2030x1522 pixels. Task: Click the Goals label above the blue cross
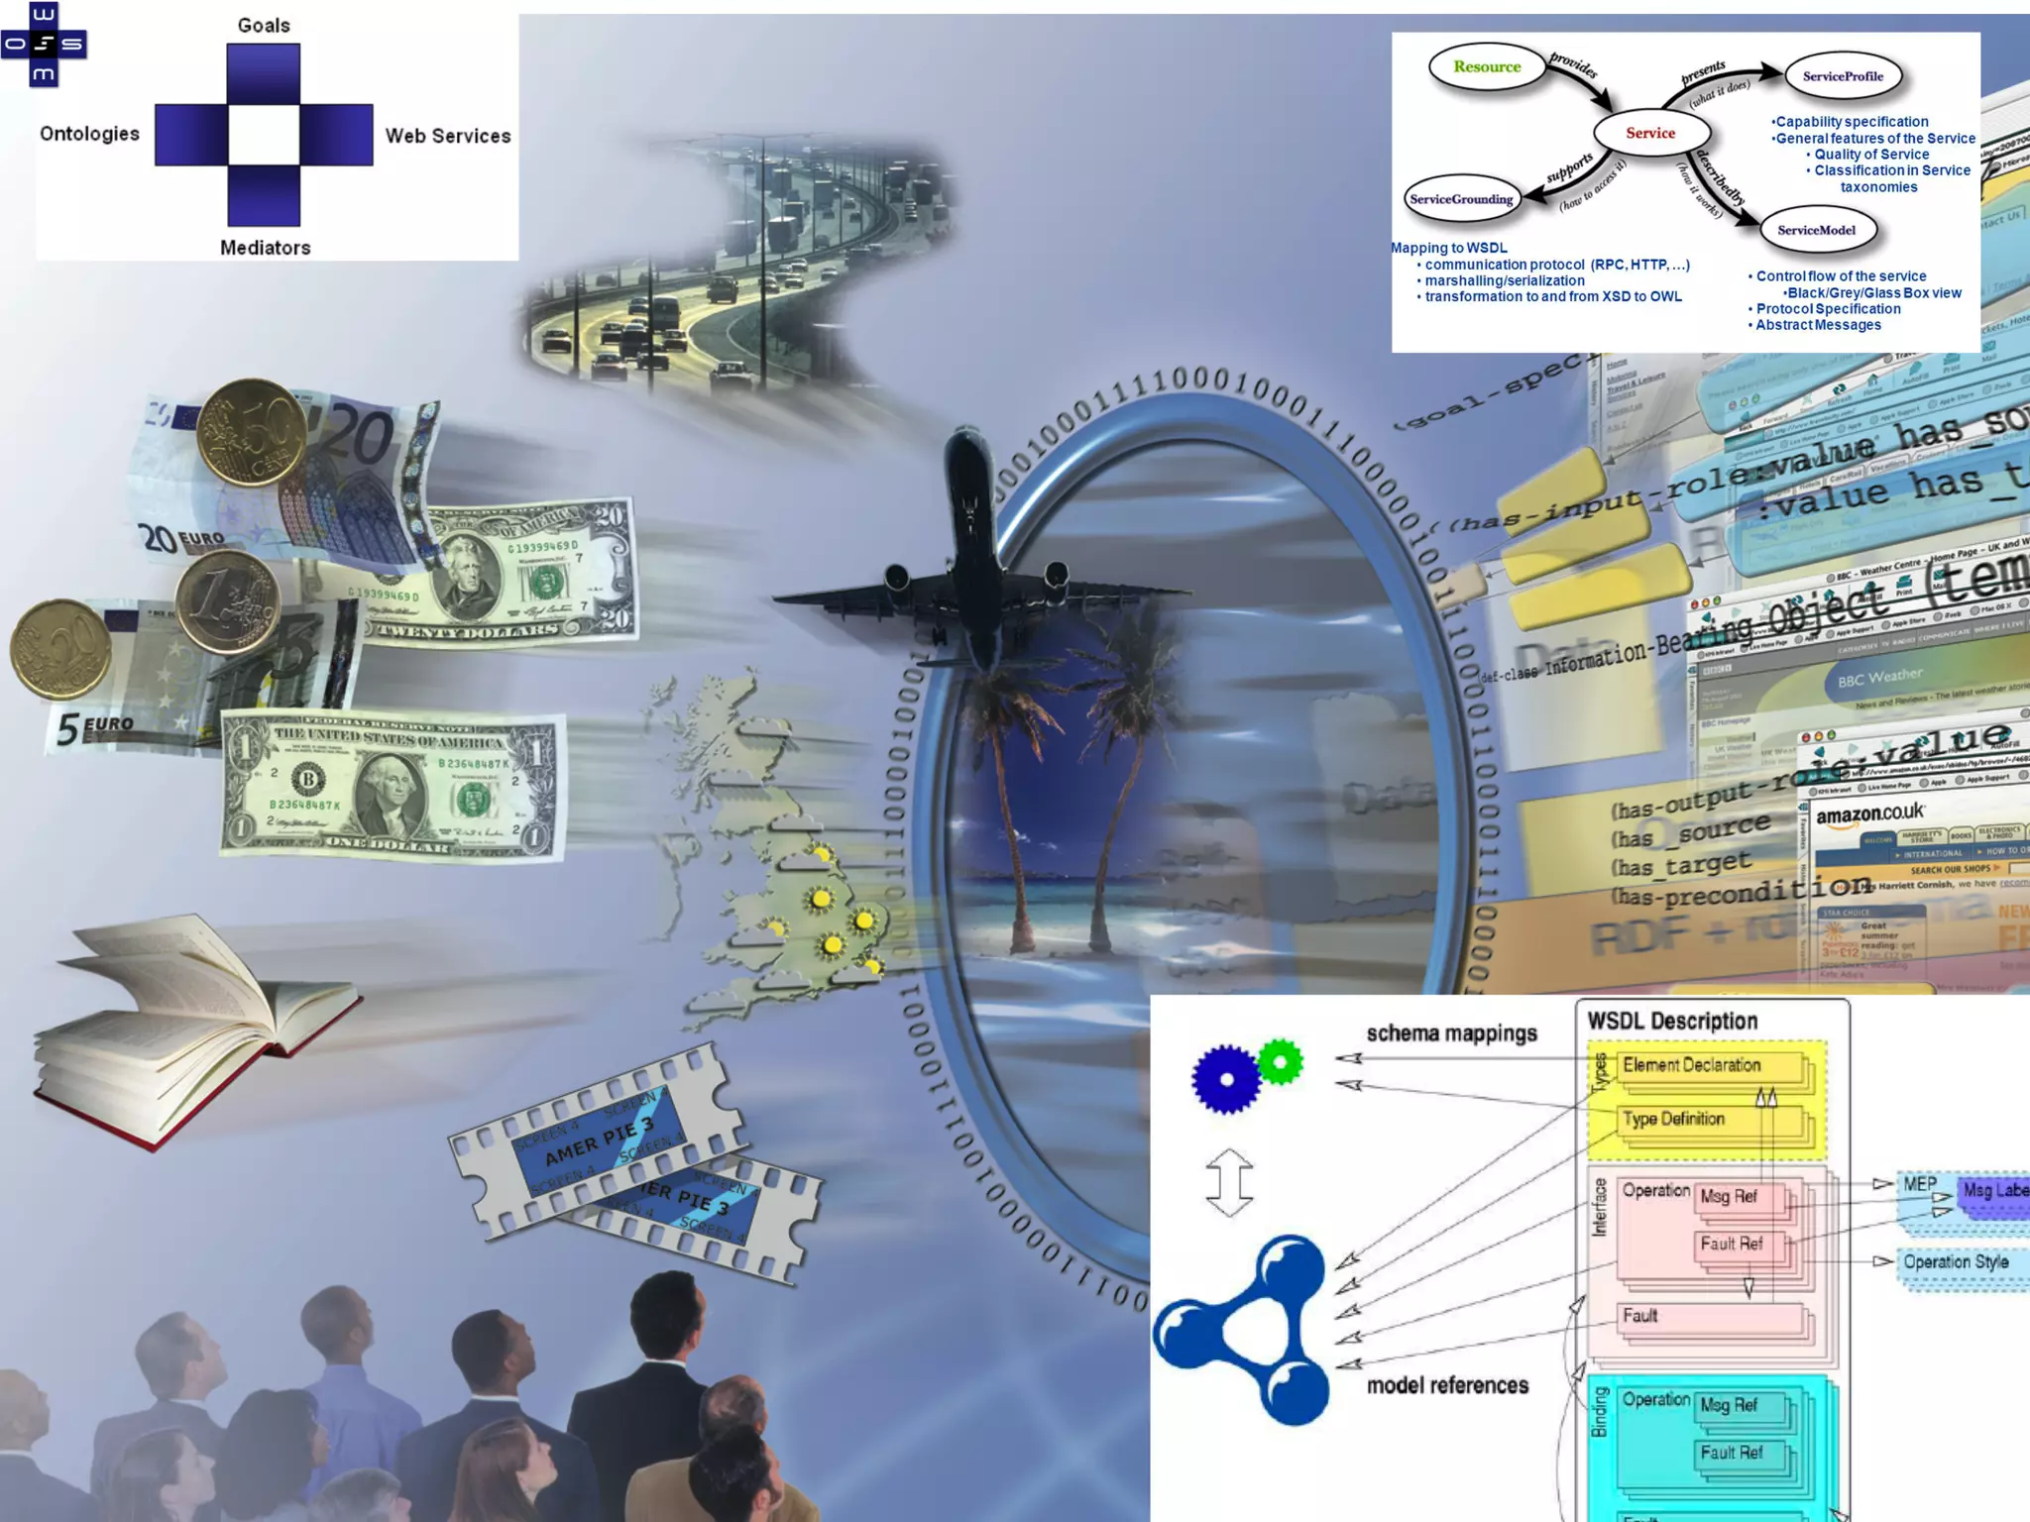[x=264, y=26]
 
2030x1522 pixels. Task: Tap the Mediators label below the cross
[x=265, y=248]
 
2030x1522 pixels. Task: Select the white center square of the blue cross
[x=264, y=135]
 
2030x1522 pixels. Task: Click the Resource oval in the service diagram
[x=1487, y=67]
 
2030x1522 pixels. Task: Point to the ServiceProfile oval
[x=1843, y=76]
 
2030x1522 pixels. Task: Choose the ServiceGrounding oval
[x=1461, y=199]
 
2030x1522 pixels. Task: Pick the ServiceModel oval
[x=1816, y=230]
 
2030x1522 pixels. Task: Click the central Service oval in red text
[x=1650, y=133]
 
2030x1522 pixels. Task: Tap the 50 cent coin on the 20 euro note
[x=251, y=432]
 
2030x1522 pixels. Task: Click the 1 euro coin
[x=227, y=601]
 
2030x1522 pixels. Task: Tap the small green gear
[x=1280, y=1063]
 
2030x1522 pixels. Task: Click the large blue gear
[x=1226, y=1079]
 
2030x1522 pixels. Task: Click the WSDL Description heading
[x=1672, y=1021]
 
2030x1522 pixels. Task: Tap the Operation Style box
[x=1958, y=1262]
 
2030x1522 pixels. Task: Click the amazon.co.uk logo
[x=1868, y=815]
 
